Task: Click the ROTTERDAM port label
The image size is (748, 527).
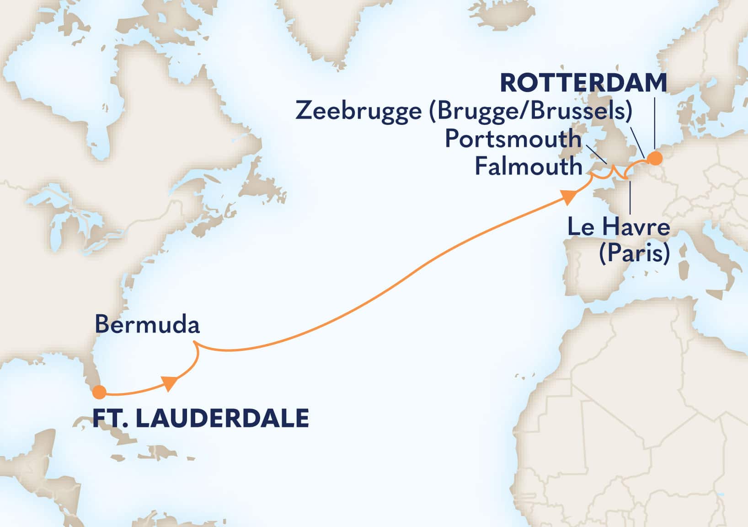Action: pos(583,83)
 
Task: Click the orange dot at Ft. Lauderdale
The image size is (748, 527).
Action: pos(99,392)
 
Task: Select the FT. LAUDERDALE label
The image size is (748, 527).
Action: pos(200,418)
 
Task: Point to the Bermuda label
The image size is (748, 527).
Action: pos(147,325)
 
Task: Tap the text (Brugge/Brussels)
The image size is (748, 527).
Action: pos(530,111)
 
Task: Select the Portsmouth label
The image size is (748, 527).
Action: pos(513,139)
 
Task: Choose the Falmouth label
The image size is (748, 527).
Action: pos(528,166)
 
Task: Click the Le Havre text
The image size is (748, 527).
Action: pos(618,227)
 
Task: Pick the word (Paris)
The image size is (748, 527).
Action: pos(634,253)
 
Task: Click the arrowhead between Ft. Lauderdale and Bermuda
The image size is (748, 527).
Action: pos(170,383)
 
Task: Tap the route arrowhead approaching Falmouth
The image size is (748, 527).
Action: pos(568,198)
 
